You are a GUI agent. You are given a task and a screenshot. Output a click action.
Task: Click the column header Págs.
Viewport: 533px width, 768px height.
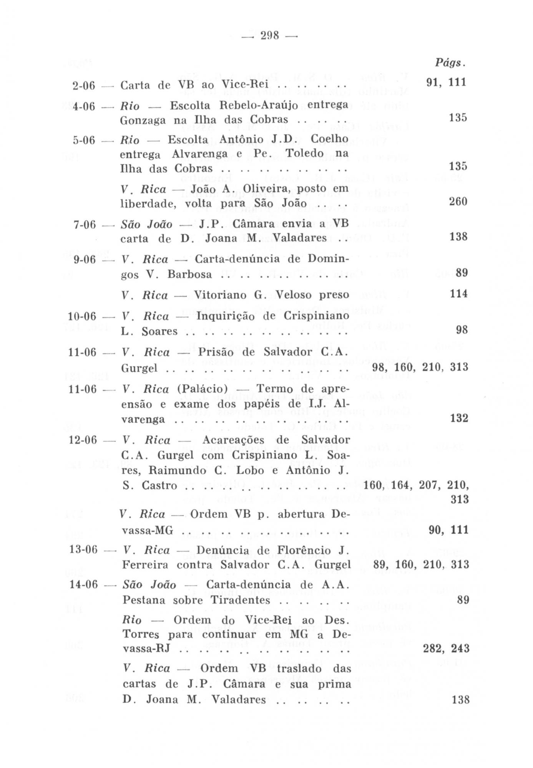450,63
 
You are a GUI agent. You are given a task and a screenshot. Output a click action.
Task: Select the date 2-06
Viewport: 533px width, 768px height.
83,86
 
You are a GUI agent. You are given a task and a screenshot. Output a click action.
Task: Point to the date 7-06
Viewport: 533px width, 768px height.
84,224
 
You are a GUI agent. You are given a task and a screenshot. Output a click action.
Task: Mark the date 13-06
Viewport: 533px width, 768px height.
83,550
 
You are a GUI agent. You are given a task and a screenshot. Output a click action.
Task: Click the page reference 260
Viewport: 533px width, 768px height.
458,202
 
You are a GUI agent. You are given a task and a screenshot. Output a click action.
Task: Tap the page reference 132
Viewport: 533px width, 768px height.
459,418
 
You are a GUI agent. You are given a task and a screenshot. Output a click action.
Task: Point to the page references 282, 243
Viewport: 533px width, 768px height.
446,649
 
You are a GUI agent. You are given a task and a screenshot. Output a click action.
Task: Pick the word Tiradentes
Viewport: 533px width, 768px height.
240,600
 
